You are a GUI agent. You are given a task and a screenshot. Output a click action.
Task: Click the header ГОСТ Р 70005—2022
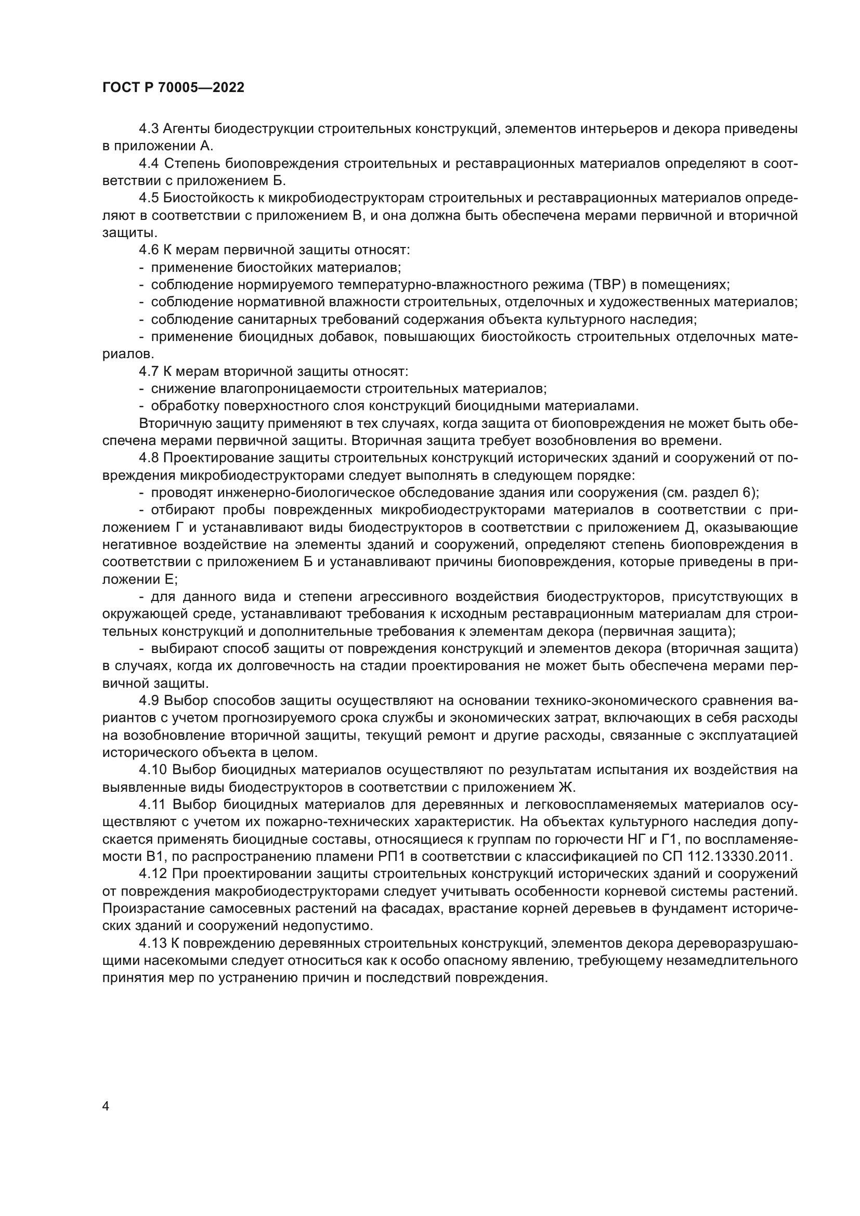click(173, 88)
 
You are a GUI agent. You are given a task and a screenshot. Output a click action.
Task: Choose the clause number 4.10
click(152, 769)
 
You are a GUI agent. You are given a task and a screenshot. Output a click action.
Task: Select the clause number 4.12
click(152, 873)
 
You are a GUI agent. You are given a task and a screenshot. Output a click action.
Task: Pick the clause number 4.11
click(152, 804)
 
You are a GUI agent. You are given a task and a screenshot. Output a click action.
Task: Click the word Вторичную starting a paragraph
click(172, 423)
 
